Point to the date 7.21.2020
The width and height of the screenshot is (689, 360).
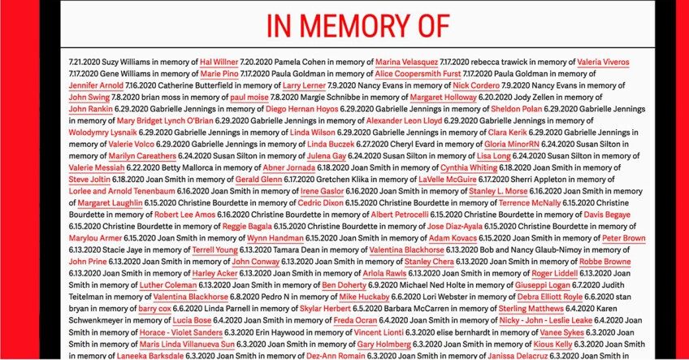coord(84,62)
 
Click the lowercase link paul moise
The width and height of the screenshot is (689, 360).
coord(249,97)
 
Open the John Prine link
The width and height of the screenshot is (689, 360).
coord(88,261)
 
